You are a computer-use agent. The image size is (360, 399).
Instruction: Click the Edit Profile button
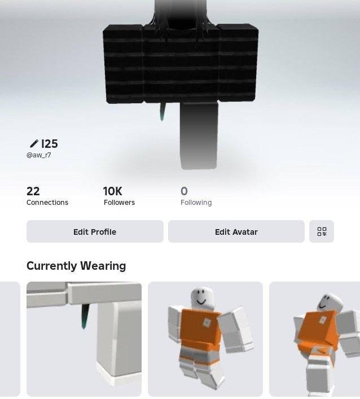(x=95, y=231)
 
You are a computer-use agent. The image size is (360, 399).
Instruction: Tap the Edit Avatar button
(x=236, y=231)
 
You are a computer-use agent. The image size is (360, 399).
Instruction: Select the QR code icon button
(x=322, y=231)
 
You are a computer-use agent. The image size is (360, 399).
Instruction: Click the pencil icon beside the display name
(x=34, y=143)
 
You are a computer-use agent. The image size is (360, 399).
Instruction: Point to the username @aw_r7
(x=39, y=155)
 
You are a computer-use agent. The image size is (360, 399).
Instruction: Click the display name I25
(x=50, y=144)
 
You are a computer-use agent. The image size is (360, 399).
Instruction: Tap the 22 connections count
(x=33, y=191)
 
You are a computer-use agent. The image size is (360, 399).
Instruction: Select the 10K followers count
(x=113, y=191)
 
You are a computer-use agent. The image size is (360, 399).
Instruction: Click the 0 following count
(x=184, y=191)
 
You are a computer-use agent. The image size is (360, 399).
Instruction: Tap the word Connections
(x=47, y=202)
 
